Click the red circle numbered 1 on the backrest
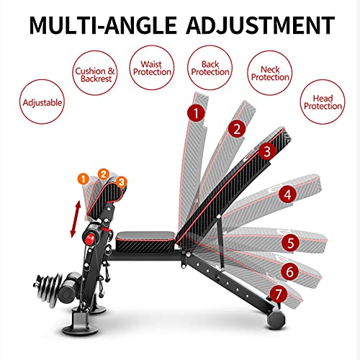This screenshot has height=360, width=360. (x=196, y=113)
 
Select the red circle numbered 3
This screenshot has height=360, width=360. (x=267, y=152)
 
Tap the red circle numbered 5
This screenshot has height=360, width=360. (x=290, y=243)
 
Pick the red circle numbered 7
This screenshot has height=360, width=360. (x=279, y=294)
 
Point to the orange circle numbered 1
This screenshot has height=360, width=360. (x=83, y=179)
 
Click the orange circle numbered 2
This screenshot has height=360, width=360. (x=104, y=174)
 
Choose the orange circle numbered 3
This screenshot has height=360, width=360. (x=122, y=182)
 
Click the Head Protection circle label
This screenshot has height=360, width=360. (x=323, y=102)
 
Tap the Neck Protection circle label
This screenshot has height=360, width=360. (x=270, y=73)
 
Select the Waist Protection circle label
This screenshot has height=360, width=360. (x=152, y=68)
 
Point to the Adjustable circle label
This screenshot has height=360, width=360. (x=42, y=102)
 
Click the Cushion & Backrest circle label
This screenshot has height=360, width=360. (x=95, y=73)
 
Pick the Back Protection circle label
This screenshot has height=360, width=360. (x=210, y=68)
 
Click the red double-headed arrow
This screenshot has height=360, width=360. (x=75, y=220)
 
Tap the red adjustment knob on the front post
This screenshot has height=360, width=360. (x=89, y=239)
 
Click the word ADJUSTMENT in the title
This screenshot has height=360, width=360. (x=261, y=25)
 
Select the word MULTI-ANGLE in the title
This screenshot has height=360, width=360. (x=103, y=25)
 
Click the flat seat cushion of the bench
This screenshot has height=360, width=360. (x=145, y=242)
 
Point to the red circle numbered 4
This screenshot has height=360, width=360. (x=288, y=194)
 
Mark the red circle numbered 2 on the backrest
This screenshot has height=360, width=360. (x=237, y=129)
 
